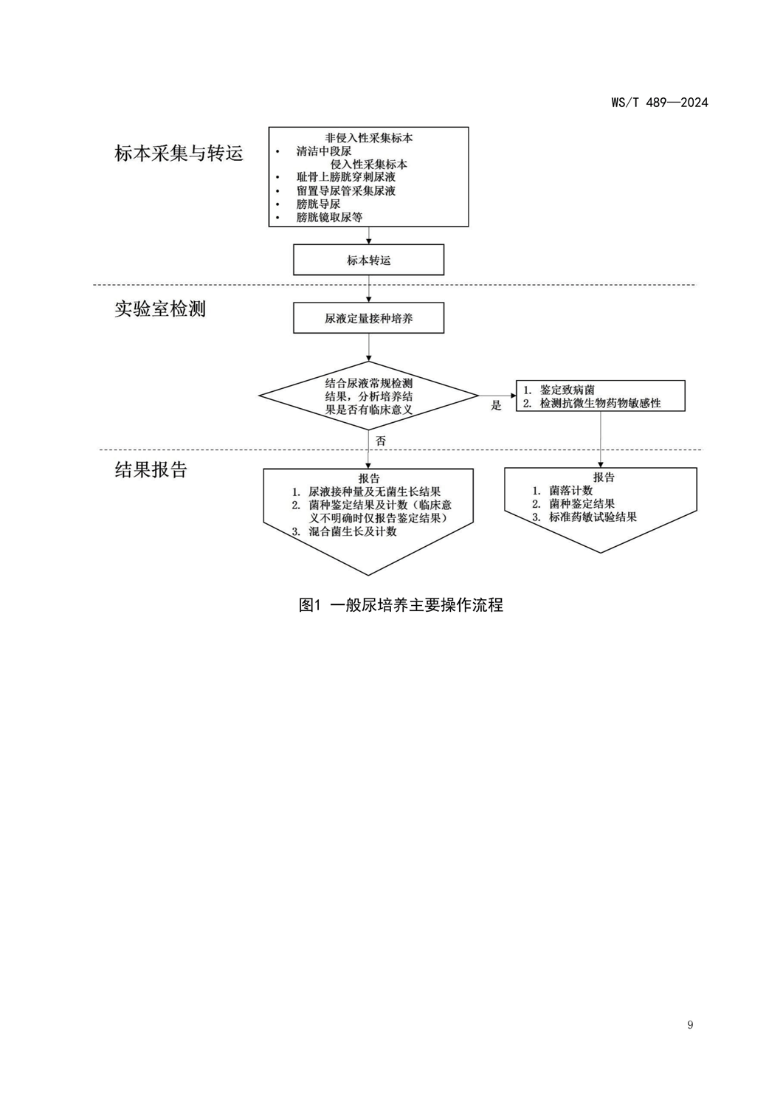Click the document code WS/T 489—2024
pyautogui.click(x=659, y=103)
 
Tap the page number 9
pyautogui.click(x=690, y=1024)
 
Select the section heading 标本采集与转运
pyautogui.click(x=179, y=154)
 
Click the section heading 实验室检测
pyautogui.click(x=160, y=308)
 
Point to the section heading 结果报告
pyautogui.click(x=151, y=469)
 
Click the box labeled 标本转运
pyautogui.click(x=369, y=261)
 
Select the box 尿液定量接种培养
pyautogui.click(x=369, y=319)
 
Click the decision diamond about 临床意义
pyautogui.click(x=368, y=396)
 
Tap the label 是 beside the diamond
pyautogui.click(x=496, y=405)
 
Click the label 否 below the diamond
pyautogui.click(x=381, y=441)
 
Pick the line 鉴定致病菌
pyautogui.click(x=567, y=390)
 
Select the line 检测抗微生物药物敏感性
pyautogui.click(x=600, y=403)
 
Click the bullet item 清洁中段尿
pyautogui.click(x=324, y=151)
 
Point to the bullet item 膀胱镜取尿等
pyautogui.click(x=329, y=217)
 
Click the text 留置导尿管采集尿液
pyautogui.click(x=346, y=190)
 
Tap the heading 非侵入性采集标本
pyautogui.click(x=369, y=138)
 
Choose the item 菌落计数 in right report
pyautogui.click(x=570, y=491)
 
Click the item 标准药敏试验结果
pyautogui.click(x=593, y=517)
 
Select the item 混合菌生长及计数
pyautogui.click(x=353, y=531)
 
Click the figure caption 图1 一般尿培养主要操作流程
pyautogui.click(x=401, y=605)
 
